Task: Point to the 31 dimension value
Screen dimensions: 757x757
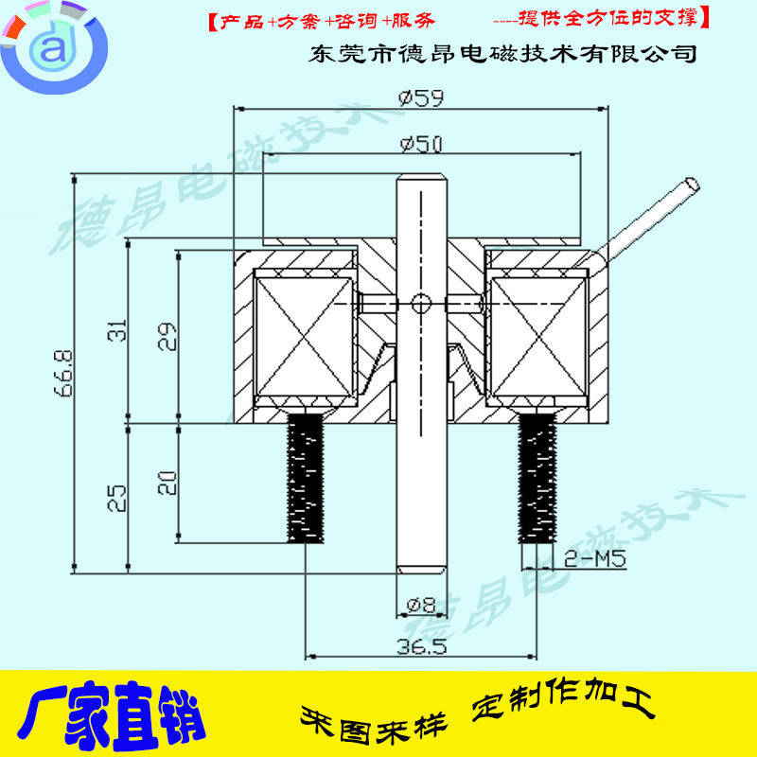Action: [115, 331]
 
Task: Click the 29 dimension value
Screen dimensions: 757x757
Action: [167, 336]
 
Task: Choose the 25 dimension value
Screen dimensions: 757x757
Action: [115, 498]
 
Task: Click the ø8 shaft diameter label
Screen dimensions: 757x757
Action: [421, 604]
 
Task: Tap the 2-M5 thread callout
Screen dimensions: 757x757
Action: [596, 558]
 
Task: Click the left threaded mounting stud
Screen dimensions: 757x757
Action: [305, 481]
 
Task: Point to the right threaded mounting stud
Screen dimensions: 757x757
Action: [535, 481]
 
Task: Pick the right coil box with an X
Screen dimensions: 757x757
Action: [537, 334]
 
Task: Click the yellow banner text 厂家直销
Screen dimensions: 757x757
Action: [111, 717]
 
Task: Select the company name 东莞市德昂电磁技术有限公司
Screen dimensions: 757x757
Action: [503, 53]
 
